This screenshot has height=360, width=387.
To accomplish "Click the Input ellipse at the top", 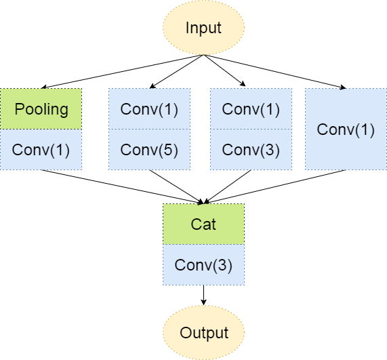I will click(x=203, y=28).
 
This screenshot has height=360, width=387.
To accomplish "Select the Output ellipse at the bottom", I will click(x=203, y=333).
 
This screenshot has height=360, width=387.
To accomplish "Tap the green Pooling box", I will click(x=41, y=109).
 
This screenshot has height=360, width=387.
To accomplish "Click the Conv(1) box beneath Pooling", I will click(x=41, y=149).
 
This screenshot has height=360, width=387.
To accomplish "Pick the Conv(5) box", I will click(x=149, y=149).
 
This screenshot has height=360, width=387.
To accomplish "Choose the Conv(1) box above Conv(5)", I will click(x=149, y=109).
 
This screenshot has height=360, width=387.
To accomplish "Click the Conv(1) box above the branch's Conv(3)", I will click(x=251, y=109).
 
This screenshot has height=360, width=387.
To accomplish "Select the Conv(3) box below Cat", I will click(x=203, y=265).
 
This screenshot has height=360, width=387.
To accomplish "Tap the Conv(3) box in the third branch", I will click(x=251, y=149).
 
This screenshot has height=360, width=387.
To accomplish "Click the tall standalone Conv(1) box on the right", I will click(x=346, y=129).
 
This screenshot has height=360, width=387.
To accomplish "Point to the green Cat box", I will click(x=203, y=224).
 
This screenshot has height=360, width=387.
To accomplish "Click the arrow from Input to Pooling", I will click(x=122, y=71).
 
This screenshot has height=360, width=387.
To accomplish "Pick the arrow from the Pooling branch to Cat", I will click(x=122, y=186).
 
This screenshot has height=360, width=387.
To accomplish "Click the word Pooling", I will click(x=41, y=109).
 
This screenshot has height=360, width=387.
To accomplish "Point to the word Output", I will click(x=203, y=333).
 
